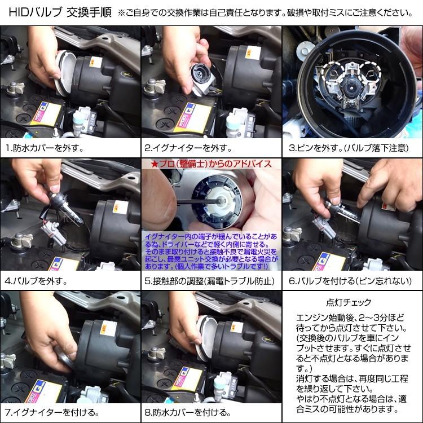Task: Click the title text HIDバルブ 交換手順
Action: [x=60, y=12]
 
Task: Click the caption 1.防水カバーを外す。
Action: [x=45, y=148]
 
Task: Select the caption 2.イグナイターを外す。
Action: [x=188, y=148]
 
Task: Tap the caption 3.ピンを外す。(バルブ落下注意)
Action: [x=349, y=148]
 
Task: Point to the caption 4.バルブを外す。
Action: [x=36, y=281]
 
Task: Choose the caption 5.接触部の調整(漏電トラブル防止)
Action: [x=210, y=281]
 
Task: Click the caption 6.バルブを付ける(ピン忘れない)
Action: [x=350, y=281]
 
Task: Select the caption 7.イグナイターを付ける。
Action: [x=52, y=412]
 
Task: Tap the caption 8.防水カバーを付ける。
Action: [x=188, y=412]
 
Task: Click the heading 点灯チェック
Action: [x=349, y=302]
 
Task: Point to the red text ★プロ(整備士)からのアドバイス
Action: [x=211, y=164]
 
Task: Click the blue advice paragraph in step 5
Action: [x=211, y=252]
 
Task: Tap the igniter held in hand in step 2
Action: [x=203, y=79]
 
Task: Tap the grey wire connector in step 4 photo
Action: [x=50, y=231]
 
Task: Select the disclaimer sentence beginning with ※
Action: [x=265, y=12]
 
